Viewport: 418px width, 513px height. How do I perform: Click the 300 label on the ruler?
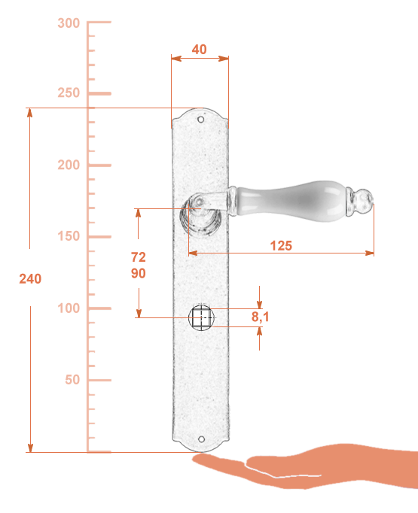tap(69, 23)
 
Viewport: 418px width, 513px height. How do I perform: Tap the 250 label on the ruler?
tap(69, 93)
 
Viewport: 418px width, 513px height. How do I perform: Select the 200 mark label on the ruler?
tap(69, 165)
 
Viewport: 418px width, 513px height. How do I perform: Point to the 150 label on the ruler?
tap(69, 236)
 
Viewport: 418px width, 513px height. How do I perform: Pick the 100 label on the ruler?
tap(69, 308)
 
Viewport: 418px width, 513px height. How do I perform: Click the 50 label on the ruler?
tap(72, 380)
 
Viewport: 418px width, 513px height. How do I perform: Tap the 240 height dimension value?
tap(30, 279)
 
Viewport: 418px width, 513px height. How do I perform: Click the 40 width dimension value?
tap(199, 50)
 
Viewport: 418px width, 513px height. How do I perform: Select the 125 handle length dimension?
tap(281, 246)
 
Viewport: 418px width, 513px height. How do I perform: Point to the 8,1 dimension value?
tap(261, 317)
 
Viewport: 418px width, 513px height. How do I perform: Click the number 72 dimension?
tap(139, 257)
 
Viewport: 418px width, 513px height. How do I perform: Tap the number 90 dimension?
tap(139, 273)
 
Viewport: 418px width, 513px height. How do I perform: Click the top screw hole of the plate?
tap(201, 120)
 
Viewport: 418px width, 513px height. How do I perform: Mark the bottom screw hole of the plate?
tap(201, 439)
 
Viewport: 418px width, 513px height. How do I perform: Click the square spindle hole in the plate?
tap(201, 317)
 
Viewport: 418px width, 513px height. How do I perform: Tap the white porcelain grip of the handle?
tap(291, 201)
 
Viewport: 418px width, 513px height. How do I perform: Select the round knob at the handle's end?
tap(364, 199)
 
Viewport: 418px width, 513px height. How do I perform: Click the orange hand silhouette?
tap(305, 466)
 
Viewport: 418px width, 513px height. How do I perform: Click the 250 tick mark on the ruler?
tap(99, 93)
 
